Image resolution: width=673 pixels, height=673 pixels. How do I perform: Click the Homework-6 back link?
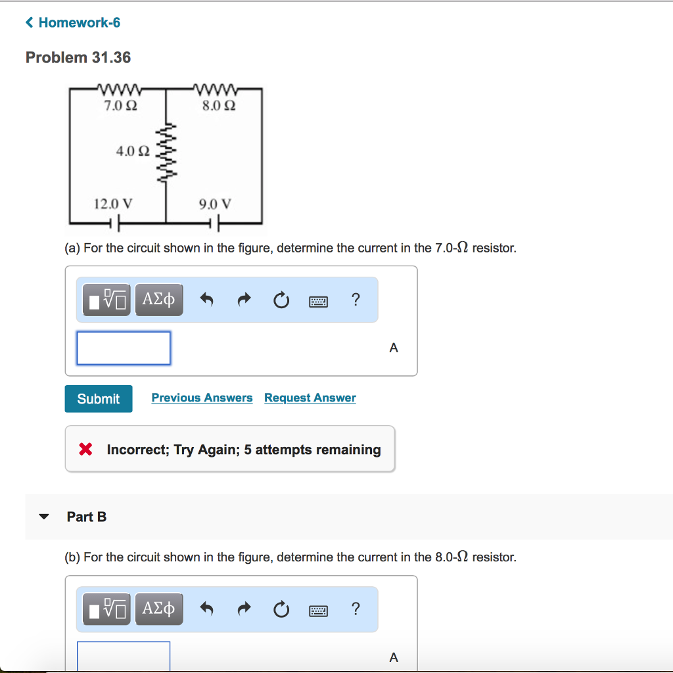point(73,23)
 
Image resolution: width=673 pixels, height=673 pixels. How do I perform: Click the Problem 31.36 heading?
point(78,58)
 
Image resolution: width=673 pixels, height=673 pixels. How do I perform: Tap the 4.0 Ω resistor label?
point(133,151)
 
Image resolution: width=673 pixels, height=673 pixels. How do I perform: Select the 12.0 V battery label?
point(113,204)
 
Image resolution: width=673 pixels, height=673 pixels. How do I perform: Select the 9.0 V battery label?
point(215,204)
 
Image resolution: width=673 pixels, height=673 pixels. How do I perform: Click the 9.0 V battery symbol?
point(215,224)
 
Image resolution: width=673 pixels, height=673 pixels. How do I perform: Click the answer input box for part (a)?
point(124,348)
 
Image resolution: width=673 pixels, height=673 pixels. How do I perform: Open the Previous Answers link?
point(202,398)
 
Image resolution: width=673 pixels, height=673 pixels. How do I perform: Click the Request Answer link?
point(310,398)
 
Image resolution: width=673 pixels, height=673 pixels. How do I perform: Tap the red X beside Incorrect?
point(85,450)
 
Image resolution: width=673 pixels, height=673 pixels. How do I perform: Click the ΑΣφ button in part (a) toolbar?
point(159,300)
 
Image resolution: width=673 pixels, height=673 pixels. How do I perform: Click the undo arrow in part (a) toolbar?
point(206,300)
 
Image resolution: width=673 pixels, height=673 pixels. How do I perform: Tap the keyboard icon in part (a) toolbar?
point(318,301)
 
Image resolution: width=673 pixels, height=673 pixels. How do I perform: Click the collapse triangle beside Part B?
point(44,517)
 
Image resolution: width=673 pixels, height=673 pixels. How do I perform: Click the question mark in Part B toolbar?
point(356,609)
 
